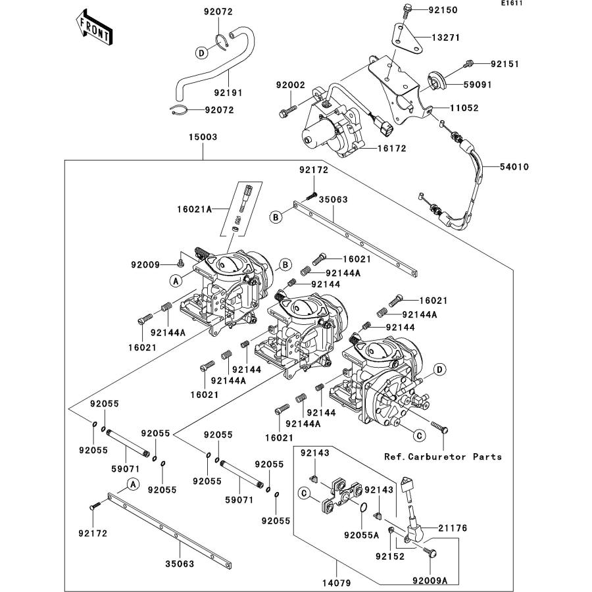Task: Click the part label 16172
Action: pyautogui.click(x=392, y=149)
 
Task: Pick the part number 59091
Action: pyautogui.click(x=477, y=85)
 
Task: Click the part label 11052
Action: pyautogui.click(x=464, y=108)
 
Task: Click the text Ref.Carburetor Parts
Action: pyautogui.click(x=443, y=456)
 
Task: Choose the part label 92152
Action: pyautogui.click(x=389, y=556)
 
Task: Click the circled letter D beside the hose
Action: pyautogui.click(x=203, y=52)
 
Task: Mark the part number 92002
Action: pyautogui.click(x=291, y=86)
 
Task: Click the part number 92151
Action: pyautogui.click(x=505, y=64)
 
